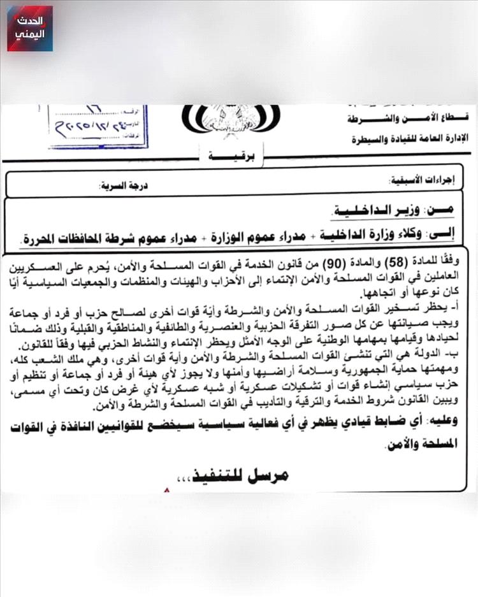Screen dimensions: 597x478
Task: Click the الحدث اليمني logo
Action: coord(30,29)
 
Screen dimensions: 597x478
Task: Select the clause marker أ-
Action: coord(461,310)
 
